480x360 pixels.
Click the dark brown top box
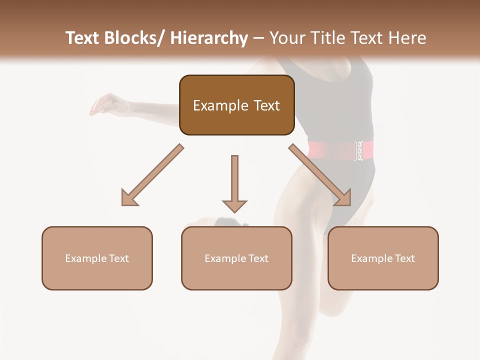point(236,105)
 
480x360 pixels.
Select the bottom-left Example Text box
point(97,258)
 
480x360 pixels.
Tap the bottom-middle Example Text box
point(236,258)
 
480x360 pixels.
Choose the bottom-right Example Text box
point(383,258)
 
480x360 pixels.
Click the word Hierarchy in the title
point(208,38)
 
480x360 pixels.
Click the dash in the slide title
point(259,38)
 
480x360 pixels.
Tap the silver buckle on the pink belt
point(358,150)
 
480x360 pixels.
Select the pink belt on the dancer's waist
point(330,149)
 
